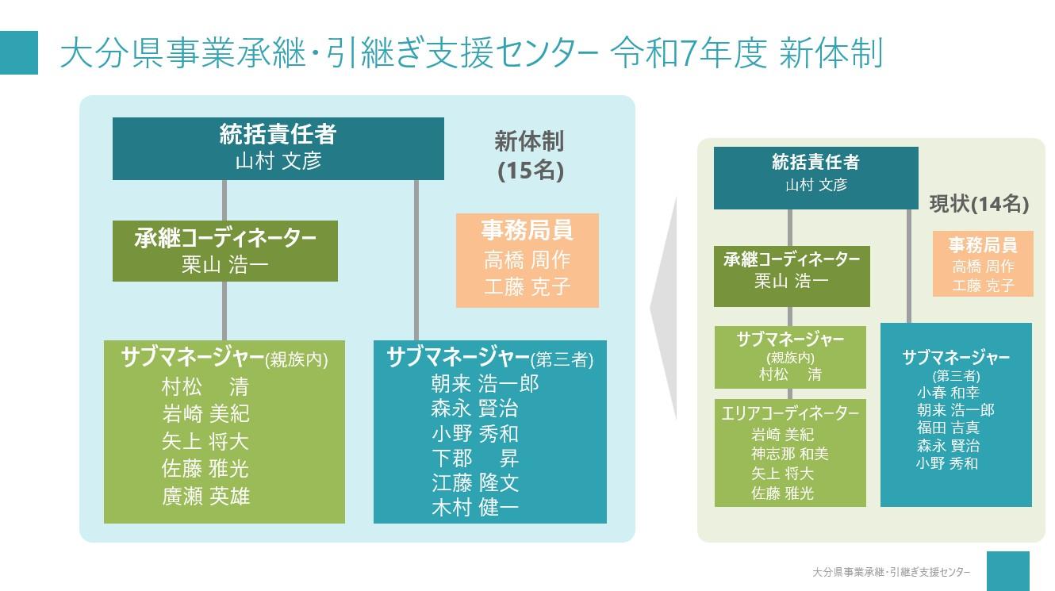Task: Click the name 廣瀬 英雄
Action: point(205,497)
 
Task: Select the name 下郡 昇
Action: point(474,459)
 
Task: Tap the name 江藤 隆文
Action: point(474,483)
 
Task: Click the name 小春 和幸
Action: point(948,393)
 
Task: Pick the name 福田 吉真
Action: point(948,428)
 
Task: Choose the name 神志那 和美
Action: point(790,454)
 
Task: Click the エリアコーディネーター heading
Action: point(790,413)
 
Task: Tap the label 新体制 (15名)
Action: point(529,155)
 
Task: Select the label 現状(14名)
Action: point(979,204)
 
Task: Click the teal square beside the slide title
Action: point(19,52)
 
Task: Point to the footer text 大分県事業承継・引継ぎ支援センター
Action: point(891,572)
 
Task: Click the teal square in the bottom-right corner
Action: point(1008,571)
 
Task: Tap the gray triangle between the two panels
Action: point(663,309)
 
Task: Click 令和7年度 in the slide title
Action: point(689,52)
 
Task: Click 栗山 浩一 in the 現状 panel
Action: point(792,281)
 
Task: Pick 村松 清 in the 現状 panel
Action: point(790,375)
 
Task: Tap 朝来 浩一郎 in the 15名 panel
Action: point(485,384)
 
